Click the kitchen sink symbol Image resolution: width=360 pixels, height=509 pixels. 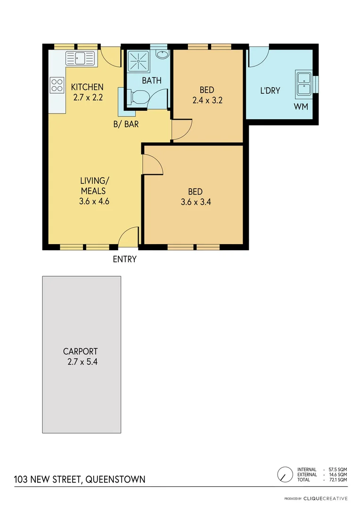(81, 59)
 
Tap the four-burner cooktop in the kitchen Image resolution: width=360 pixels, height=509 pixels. (57, 85)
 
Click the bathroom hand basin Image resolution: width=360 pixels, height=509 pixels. (162, 55)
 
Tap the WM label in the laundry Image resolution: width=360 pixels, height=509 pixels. (301, 107)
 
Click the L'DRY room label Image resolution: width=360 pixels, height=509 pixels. (270, 90)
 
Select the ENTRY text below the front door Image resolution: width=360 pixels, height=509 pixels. (125, 259)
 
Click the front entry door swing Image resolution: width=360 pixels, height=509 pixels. (128, 237)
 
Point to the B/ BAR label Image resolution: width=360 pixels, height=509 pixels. (126, 124)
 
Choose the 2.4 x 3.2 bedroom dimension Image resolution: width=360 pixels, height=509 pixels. (207, 100)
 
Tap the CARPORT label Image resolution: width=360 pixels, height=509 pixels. (80, 352)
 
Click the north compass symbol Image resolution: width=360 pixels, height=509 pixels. (284, 474)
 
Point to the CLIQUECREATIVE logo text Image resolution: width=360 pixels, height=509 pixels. (325, 498)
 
